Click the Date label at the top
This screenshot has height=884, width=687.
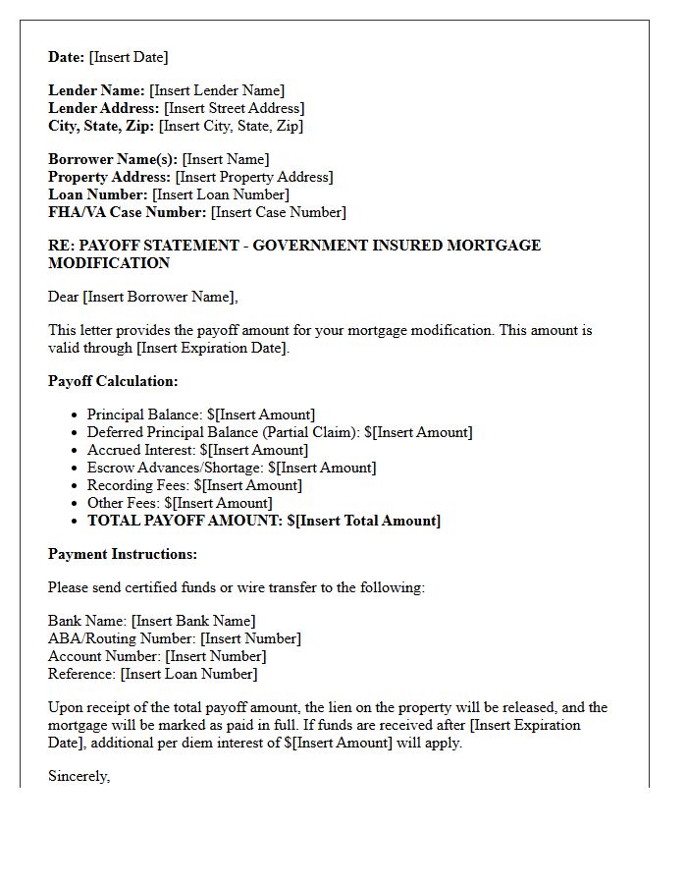click(x=67, y=57)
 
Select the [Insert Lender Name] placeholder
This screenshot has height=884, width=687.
click(x=217, y=90)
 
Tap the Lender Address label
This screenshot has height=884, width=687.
click(x=104, y=108)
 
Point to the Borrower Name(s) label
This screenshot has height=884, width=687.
click(x=113, y=159)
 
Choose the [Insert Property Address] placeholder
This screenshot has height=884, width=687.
click(x=254, y=177)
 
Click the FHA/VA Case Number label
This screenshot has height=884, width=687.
click(x=128, y=212)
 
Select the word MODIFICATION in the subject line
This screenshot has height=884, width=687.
click(x=109, y=263)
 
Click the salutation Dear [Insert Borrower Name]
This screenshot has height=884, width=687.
click(x=143, y=297)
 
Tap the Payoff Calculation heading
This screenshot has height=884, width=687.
click(x=113, y=381)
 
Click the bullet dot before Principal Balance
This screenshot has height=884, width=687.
click(x=75, y=415)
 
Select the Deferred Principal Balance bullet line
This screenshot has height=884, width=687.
click(x=280, y=432)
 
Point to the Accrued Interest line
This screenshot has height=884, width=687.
click(x=197, y=450)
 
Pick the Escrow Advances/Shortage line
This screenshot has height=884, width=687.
click(x=232, y=468)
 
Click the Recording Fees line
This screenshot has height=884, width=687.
click(x=194, y=485)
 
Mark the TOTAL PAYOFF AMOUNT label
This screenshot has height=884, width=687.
click(x=185, y=521)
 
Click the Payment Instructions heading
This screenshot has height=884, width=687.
click(x=123, y=554)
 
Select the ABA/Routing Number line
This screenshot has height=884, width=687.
click(x=175, y=638)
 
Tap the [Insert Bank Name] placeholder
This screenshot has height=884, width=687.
click(x=193, y=621)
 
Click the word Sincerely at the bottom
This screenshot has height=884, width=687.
click(x=79, y=776)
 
